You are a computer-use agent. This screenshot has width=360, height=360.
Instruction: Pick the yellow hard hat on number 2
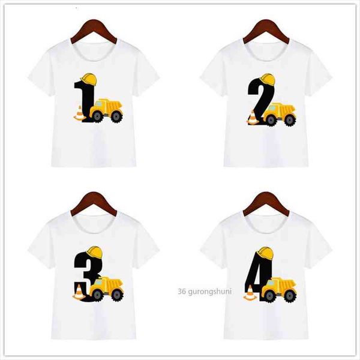(267, 79)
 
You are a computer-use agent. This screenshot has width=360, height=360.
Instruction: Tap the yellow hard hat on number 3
(95, 253)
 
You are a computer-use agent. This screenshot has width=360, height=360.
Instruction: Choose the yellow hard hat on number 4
(266, 253)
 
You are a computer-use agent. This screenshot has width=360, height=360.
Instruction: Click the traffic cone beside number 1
(80, 113)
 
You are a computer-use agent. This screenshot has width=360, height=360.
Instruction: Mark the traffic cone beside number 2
(253, 118)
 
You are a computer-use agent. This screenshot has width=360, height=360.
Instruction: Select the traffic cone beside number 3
(79, 292)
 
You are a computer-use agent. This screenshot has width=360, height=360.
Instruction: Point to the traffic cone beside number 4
(250, 293)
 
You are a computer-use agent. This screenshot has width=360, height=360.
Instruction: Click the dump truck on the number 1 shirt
(106, 110)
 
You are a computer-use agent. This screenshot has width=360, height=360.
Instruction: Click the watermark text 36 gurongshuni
(205, 292)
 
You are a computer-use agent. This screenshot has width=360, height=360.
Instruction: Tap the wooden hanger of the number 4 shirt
(266, 204)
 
